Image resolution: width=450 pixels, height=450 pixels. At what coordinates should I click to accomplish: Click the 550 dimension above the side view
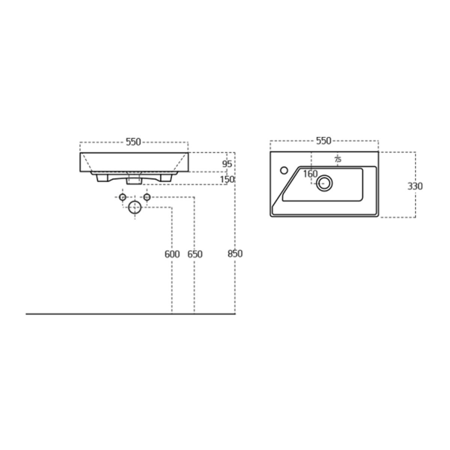(x=133, y=142)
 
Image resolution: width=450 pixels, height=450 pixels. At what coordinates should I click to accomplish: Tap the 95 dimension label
(x=227, y=164)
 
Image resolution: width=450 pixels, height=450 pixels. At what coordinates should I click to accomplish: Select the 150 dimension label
(x=227, y=179)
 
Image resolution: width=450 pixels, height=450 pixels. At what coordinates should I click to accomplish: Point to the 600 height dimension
(x=172, y=254)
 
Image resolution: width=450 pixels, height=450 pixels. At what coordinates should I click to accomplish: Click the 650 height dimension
(x=195, y=254)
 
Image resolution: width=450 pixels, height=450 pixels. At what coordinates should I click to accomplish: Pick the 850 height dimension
(x=235, y=253)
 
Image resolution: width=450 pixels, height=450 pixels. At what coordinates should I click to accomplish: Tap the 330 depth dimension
(x=415, y=186)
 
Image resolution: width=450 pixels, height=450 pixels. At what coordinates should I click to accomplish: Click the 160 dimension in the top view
(x=310, y=174)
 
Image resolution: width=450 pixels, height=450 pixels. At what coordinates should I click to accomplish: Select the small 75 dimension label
(x=338, y=160)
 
